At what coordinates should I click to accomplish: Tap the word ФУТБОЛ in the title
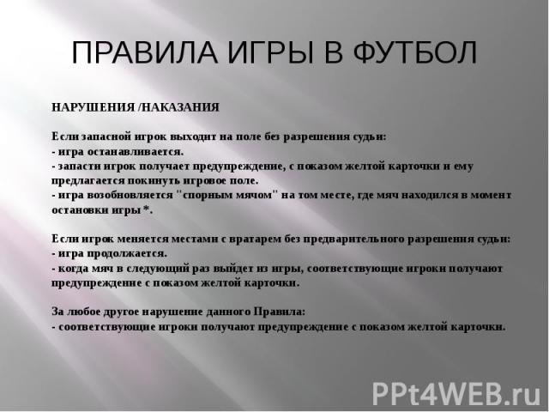pyautogui.click(x=415, y=52)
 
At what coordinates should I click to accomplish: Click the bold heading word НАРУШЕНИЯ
pyautogui.click(x=94, y=107)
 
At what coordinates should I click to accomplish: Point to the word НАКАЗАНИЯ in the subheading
pyautogui.click(x=181, y=107)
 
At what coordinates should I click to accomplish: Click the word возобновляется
pyautogui.click(x=130, y=195)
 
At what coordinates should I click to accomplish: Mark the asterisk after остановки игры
pyautogui.click(x=147, y=209)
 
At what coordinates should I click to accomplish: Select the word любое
pyautogui.click(x=84, y=312)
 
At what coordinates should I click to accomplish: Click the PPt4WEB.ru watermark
pyautogui.click(x=457, y=393)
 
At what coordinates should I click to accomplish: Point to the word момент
pyautogui.click(x=492, y=195)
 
